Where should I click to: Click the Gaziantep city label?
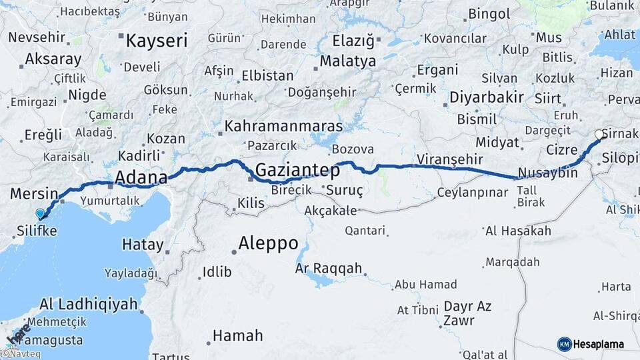pyautogui.click(x=297, y=170)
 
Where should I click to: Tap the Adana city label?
pyautogui.click(x=141, y=177)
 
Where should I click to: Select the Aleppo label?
pyautogui.click(x=268, y=243)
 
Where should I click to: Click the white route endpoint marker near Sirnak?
pyautogui.click(x=599, y=134)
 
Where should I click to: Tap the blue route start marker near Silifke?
pyautogui.click(x=41, y=213)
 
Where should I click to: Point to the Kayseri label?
pyautogui.click(x=157, y=41)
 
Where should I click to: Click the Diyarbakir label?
pyautogui.click(x=486, y=97)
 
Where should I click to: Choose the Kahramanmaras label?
pyautogui.click(x=283, y=126)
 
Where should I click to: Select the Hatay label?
pyautogui.click(x=143, y=245)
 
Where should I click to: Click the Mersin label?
pyautogui.click(x=34, y=194)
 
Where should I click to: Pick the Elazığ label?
pyautogui.click(x=353, y=41)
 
